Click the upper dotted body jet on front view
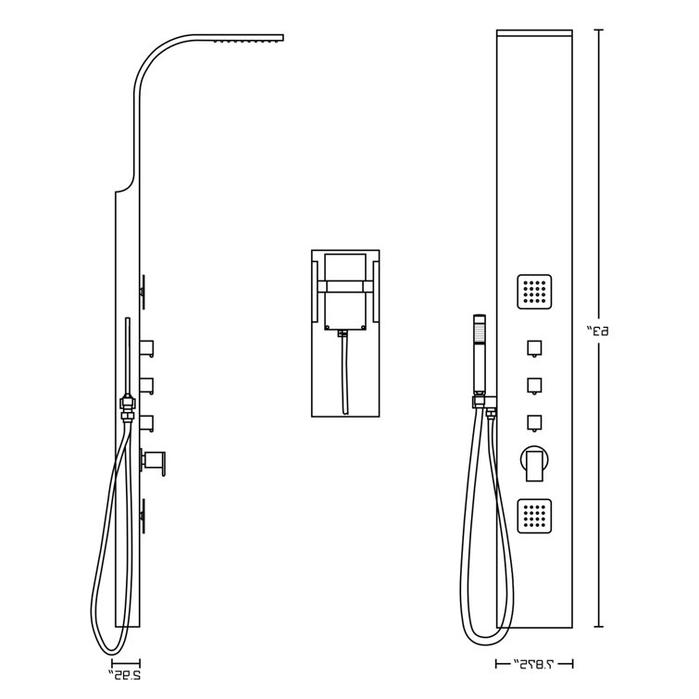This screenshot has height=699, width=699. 535,292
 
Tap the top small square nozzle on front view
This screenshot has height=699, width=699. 534,348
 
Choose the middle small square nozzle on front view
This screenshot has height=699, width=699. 534,384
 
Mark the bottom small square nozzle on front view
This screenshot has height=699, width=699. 534,421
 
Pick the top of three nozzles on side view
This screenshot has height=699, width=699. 148,348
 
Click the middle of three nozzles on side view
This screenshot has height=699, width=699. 148,384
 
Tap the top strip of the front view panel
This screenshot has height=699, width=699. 534,35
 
